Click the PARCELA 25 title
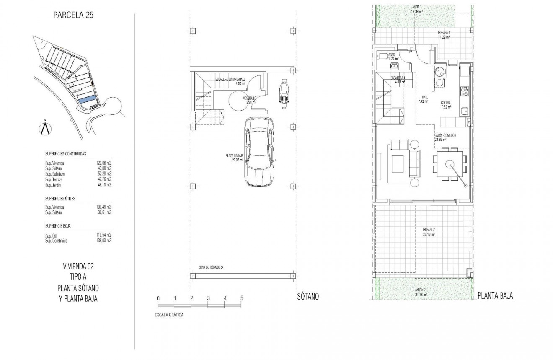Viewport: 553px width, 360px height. pyautogui.click(x=73, y=16)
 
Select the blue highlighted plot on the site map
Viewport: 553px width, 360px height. pyautogui.click(x=87, y=100)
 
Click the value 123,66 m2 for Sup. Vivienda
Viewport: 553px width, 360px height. pyautogui.click(x=103, y=163)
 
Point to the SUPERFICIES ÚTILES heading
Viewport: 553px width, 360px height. pyautogui.click(x=60, y=199)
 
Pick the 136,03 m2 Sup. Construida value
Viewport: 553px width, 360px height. pyautogui.click(x=103, y=241)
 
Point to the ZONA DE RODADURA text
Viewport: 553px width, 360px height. pyautogui.click(x=211, y=267)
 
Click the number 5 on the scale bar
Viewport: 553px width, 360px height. pyautogui.click(x=242, y=298)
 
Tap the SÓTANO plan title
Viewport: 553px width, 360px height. pyautogui.click(x=308, y=297)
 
